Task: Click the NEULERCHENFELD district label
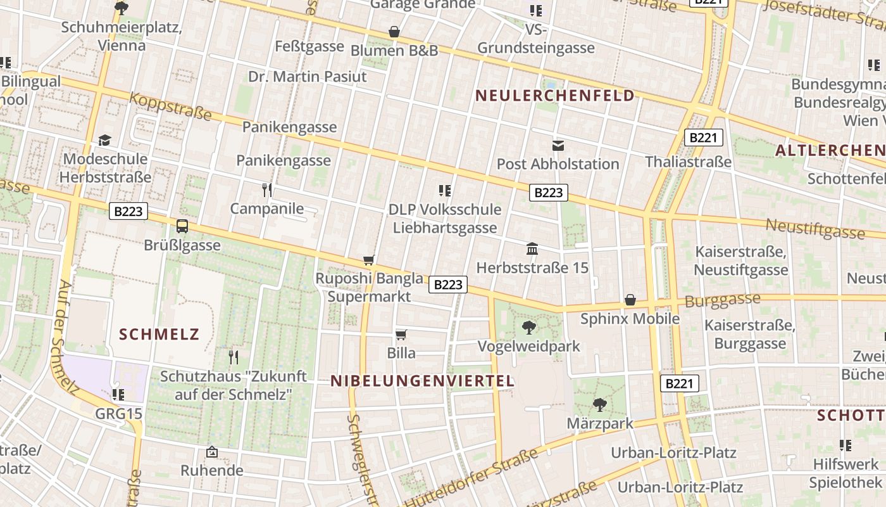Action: click(554, 96)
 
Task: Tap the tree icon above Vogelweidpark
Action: click(529, 327)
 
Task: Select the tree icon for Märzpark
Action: click(599, 404)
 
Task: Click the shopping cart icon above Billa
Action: click(401, 335)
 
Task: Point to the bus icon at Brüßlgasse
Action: click(182, 226)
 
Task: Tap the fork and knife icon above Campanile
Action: click(267, 189)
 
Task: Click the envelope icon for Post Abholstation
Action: click(558, 145)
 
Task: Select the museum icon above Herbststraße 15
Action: click(532, 249)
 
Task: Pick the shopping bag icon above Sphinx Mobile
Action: click(630, 300)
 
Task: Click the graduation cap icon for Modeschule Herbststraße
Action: click(104, 140)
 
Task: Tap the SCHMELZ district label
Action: click(159, 334)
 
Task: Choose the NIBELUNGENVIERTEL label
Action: click(422, 381)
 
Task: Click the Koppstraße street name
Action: click(171, 106)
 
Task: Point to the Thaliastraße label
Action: click(688, 162)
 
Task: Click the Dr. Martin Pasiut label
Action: click(308, 77)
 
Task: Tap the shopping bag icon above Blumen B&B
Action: click(394, 32)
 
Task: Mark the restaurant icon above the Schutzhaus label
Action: click(234, 357)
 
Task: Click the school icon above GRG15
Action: click(118, 395)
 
